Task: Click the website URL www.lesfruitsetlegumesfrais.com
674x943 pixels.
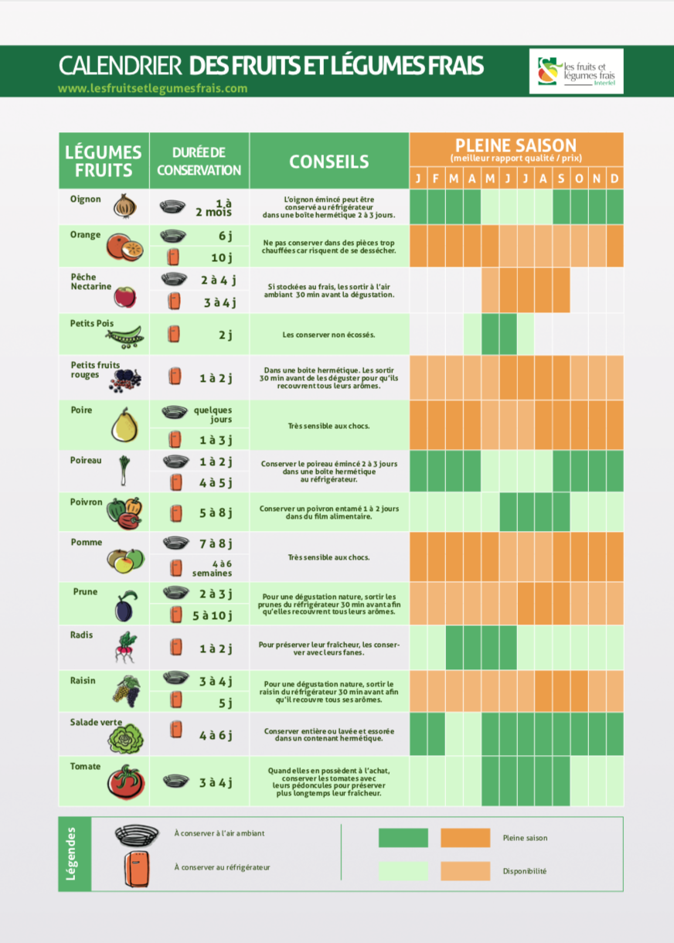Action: [152, 88]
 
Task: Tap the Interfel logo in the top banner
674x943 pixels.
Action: [576, 71]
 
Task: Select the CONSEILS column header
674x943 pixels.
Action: [328, 161]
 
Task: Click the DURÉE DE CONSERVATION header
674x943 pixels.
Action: [199, 162]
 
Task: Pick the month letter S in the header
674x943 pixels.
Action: [561, 179]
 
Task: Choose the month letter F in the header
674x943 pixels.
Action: [436, 179]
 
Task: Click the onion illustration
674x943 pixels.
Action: [125, 206]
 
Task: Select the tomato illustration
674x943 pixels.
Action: [125, 781]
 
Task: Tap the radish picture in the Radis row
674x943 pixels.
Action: [124, 647]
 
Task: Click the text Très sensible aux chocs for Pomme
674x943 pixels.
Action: [328, 557]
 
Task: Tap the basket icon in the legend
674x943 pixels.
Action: [137, 835]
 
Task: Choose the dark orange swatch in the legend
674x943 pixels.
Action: [465, 838]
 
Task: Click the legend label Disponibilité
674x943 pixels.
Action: [524, 871]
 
